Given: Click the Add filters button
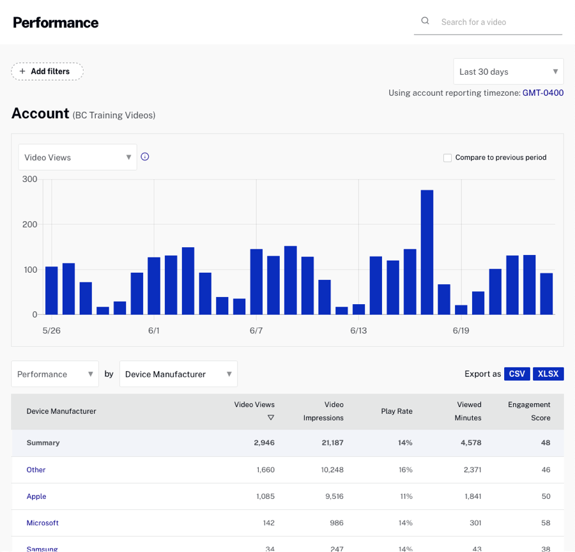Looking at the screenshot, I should (47, 72).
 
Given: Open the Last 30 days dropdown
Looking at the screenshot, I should (508, 72).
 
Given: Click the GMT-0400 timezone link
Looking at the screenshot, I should (543, 93).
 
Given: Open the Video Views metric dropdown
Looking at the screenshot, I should (77, 157).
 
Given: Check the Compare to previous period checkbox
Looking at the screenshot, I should (447, 158).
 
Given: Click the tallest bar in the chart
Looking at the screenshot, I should (427, 252).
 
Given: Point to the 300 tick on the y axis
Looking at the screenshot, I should (29, 179).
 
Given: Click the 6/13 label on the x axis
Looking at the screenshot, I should (358, 330).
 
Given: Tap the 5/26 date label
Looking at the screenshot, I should (51, 330).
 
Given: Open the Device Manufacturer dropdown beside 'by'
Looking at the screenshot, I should (178, 374).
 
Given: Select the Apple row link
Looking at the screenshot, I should (36, 496).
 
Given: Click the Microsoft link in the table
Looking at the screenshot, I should (42, 523).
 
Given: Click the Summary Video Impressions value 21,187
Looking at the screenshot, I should (332, 443).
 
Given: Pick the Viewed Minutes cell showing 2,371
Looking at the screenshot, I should (468, 470).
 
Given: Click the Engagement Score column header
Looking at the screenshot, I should (529, 411).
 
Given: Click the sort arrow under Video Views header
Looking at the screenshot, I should (270, 418).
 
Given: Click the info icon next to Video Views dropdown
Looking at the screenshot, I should (145, 157).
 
